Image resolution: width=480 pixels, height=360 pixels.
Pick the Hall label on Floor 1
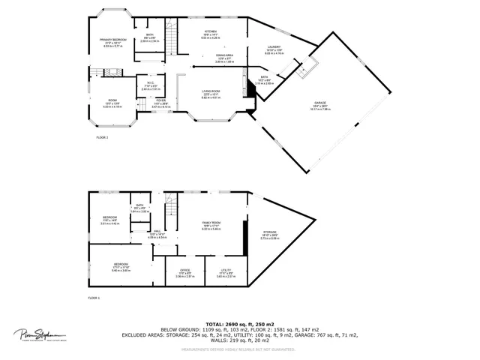click(158, 231)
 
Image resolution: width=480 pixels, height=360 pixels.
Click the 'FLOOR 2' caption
click(102, 138)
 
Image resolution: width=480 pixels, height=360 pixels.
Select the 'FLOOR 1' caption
click(94, 298)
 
